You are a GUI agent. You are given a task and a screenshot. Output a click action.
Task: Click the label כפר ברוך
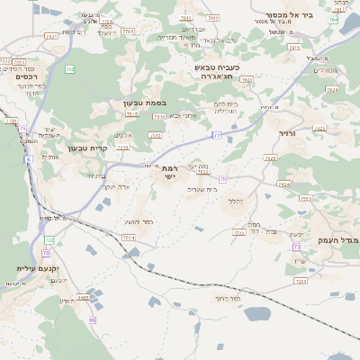229,299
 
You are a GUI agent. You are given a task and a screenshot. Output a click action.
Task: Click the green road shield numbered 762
70,68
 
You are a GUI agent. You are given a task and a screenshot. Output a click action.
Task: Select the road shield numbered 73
296,245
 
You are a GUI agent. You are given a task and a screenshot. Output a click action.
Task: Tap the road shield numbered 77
216,135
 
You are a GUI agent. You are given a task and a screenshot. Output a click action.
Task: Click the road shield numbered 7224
129,237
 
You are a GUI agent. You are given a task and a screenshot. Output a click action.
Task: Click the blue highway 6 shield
28,159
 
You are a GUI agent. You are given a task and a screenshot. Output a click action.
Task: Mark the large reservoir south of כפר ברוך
256,314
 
